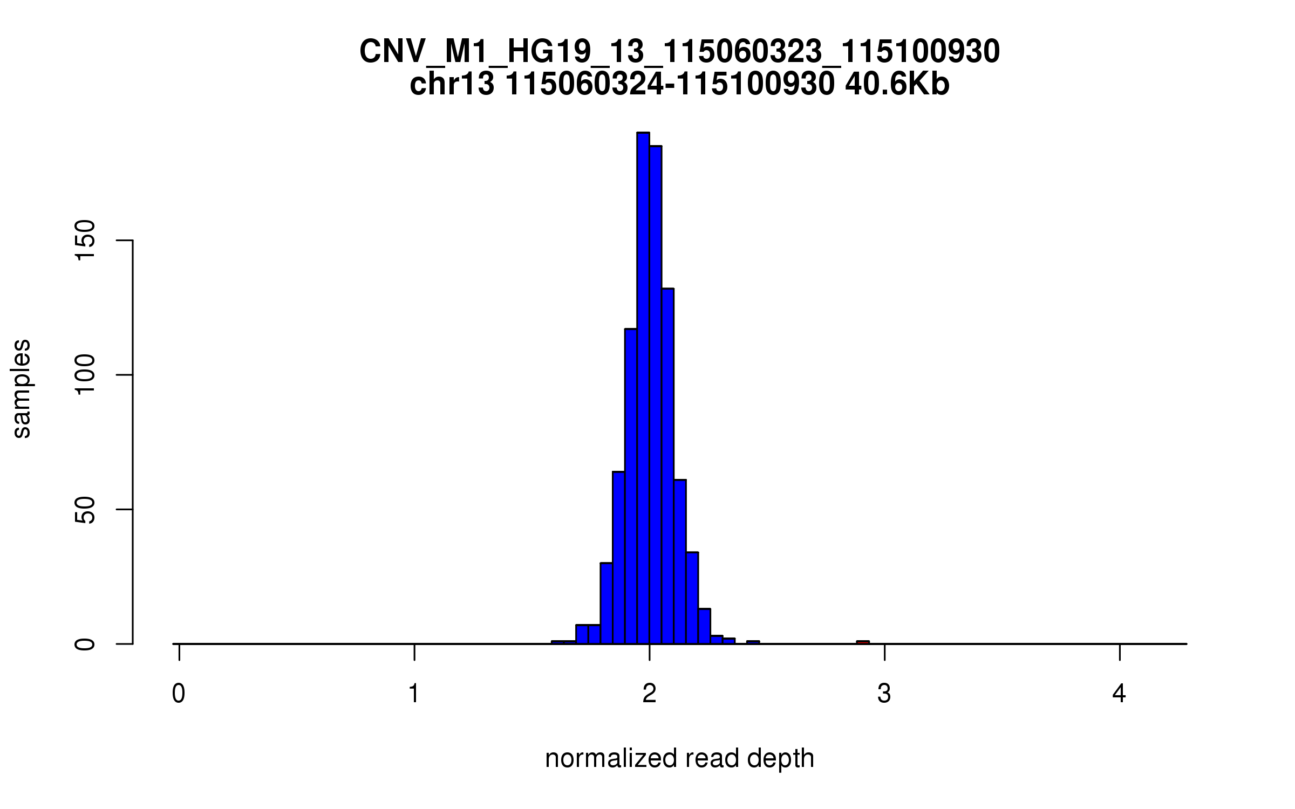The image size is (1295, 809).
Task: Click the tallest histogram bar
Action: pyautogui.click(x=643, y=388)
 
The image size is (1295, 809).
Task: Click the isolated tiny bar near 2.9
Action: pyautogui.click(x=863, y=642)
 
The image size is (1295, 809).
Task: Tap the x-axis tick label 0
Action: pyautogui.click(x=179, y=694)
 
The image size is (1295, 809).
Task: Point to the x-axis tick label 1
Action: pyautogui.click(x=414, y=694)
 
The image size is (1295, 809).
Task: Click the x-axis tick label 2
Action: pyautogui.click(x=649, y=694)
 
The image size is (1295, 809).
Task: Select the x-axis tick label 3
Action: pyautogui.click(x=884, y=694)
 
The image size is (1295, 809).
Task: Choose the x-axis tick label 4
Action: pyautogui.click(x=1119, y=694)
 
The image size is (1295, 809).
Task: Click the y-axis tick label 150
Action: pyautogui.click(x=85, y=241)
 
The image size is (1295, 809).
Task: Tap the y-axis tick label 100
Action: pyautogui.click(x=85, y=375)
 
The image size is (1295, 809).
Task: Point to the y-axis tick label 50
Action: pyautogui.click(x=85, y=509)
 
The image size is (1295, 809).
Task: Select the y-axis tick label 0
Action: pyautogui.click(x=85, y=643)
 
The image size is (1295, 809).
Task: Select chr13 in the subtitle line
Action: pyautogui.click(x=452, y=85)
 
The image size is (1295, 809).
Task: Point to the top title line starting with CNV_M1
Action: pyautogui.click(x=679, y=52)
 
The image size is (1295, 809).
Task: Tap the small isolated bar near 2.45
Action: pyautogui.click(x=753, y=642)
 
